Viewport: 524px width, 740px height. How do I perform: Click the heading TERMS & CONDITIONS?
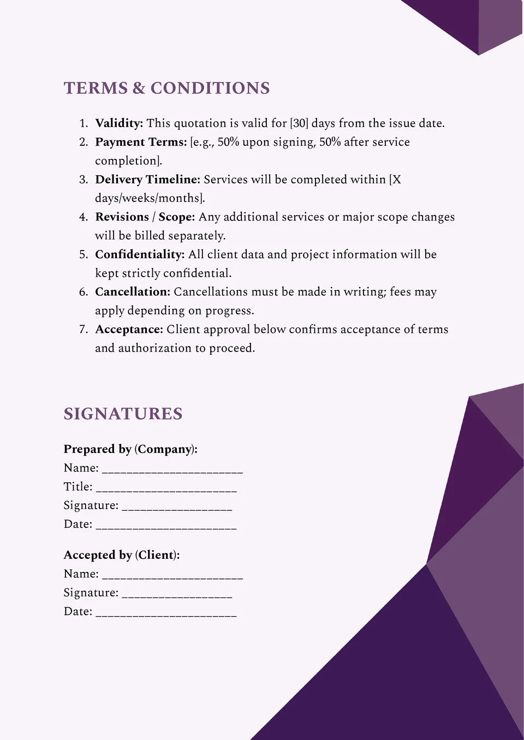(x=166, y=88)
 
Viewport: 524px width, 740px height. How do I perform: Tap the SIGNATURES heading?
(x=123, y=414)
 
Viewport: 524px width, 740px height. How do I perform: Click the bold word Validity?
(x=118, y=123)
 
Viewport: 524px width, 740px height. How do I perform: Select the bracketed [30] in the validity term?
(x=299, y=123)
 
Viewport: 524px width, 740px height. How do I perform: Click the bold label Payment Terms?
(x=141, y=142)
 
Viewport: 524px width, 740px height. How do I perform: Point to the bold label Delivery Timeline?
(x=147, y=180)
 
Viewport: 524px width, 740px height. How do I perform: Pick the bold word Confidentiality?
(x=140, y=254)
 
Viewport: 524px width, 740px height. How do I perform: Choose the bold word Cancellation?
(x=133, y=292)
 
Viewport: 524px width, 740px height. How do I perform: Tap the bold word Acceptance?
(x=129, y=330)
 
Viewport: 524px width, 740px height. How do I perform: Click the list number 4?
(x=83, y=217)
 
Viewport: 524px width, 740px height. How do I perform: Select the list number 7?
(x=83, y=330)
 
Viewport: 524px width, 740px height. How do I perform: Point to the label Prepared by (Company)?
(x=130, y=449)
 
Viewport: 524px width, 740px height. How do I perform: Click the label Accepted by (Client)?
(x=122, y=555)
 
